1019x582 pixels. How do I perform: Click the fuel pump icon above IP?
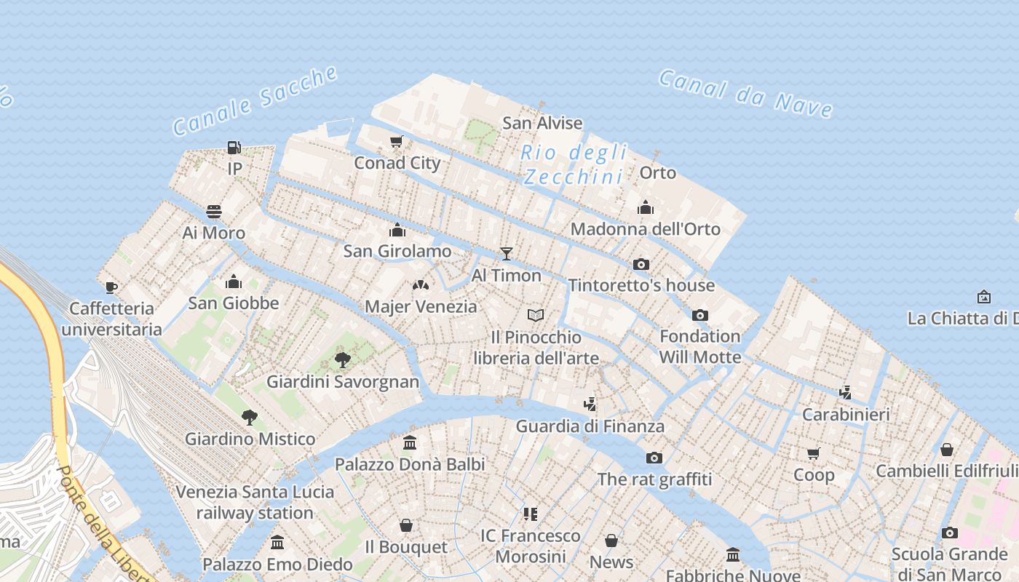(x=234, y=148)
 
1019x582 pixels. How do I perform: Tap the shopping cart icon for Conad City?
(x=397, y=141)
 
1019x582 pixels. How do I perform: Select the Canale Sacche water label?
(x=255, y=100)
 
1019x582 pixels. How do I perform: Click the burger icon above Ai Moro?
(x=213, y=212)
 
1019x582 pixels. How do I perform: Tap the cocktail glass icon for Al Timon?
(x=507, y=254)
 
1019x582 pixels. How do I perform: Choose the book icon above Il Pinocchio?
(x=536, y=315)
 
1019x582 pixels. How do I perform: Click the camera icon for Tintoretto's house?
(x=641, y=264)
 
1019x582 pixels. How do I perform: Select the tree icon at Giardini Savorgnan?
(x=342, y=359)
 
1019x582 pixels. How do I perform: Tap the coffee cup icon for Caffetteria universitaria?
(x=111, y=287)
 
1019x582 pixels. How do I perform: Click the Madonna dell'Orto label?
(x=645, y=229)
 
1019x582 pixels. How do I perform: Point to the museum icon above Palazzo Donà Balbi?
(x=410, y=442)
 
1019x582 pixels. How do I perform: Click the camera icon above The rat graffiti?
(x=654, y=458)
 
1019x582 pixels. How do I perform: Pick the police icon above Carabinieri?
(x=845, y=393)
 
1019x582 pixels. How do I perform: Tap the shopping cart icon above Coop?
(x=813, y=453)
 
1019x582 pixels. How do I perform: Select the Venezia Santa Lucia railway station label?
(x=255, y=503)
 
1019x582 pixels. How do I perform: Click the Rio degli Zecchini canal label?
(x=574, y=164)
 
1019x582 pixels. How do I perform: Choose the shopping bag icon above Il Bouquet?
(x=406, y=525)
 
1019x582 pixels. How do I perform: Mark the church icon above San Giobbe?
(x=234, y=282)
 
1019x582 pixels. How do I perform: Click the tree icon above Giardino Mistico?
(x=250, y=417)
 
